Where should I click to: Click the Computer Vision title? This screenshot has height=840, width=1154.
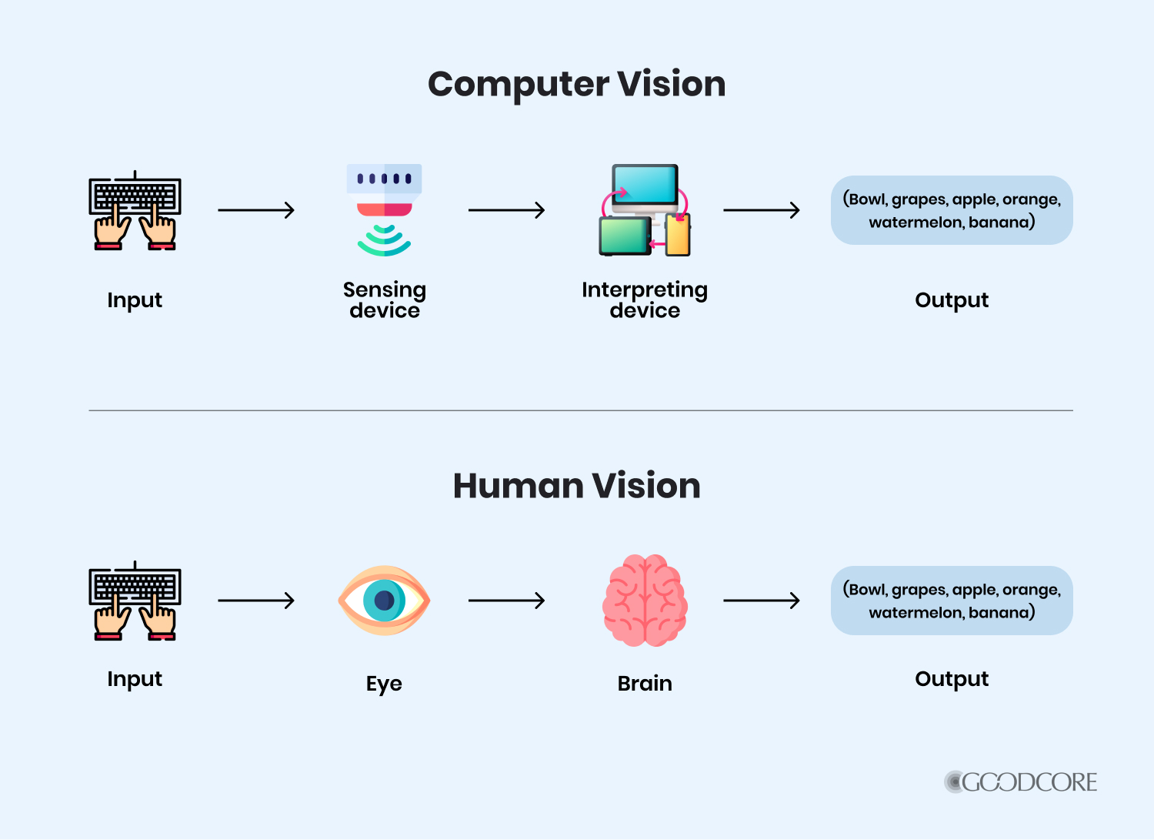click(x=576, y=84)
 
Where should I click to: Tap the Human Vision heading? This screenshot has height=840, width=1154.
click(x=576, y=486)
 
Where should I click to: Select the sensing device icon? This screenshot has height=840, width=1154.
click(x=384, y=209)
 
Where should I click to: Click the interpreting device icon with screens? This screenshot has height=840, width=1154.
click(x=645, y=209)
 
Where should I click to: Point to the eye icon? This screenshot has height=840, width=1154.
click(x=384, y=601)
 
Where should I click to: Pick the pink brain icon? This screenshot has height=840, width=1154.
click(x=645, y=601)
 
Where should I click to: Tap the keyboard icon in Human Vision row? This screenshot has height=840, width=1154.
click(x=135, y=601)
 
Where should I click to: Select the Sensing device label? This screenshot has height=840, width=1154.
click(x=384, y=300)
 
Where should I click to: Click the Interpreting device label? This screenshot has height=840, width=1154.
click(x=645, y=300)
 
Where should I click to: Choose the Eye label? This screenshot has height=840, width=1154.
click(x=384, y=684)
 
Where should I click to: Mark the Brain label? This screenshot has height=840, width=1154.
click(x=645, y=684)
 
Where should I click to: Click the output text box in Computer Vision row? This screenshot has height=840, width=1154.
click(x=952, y=210)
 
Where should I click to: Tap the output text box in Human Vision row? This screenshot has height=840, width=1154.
click(x=952, y=601)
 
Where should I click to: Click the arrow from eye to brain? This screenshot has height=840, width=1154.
click(x=506, y=601)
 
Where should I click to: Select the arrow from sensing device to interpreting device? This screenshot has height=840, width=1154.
click(x=506, y=210)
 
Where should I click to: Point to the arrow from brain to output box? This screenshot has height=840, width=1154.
click(x=762, y=601)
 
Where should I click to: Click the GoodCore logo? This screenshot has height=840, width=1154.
click(x=1021, y=782)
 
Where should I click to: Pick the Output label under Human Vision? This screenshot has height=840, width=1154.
click(x=952, y=679)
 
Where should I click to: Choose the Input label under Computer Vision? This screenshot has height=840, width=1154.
click(x=135, y=300)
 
